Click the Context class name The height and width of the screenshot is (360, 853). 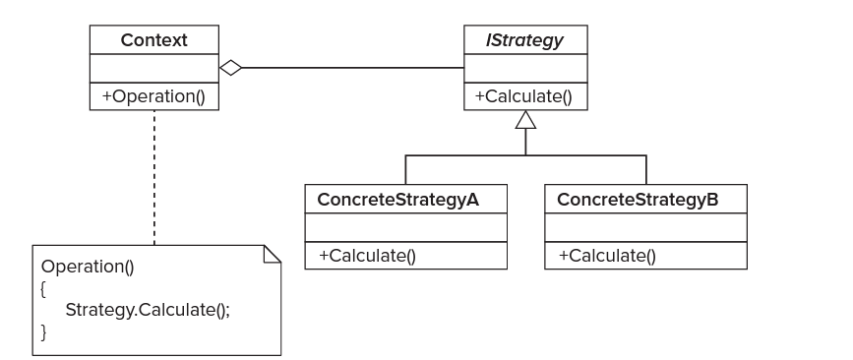coord(153,40)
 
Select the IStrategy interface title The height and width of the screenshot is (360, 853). coord(524,40)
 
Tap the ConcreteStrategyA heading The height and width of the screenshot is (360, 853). coord(397,200)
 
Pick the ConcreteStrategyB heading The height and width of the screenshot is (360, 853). coord(638,200)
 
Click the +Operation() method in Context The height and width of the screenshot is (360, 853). coord(153,96)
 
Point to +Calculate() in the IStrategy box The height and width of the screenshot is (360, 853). coord(523,96)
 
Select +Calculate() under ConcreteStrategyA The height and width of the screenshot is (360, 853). coord(367,256)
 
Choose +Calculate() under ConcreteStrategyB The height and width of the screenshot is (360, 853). coord(608,256)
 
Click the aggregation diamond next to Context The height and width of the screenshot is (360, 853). coord(230,68)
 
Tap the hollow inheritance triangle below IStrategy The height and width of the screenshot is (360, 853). coord(525,120)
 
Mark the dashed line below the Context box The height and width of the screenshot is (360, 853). coord(153,178)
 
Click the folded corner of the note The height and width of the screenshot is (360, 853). coord(272,254)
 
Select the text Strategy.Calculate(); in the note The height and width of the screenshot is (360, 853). coord(148,310)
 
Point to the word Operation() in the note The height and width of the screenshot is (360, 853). coord(88,267)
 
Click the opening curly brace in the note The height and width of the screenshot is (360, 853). coord(43,289)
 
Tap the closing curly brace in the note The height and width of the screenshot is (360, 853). coord(43,331)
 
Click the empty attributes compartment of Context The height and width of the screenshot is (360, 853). coord(153,68)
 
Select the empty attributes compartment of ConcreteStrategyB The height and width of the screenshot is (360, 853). coord(645,227)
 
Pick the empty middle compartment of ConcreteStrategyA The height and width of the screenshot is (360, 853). coord(405,227)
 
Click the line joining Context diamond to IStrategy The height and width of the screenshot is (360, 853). coord(353,68)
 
